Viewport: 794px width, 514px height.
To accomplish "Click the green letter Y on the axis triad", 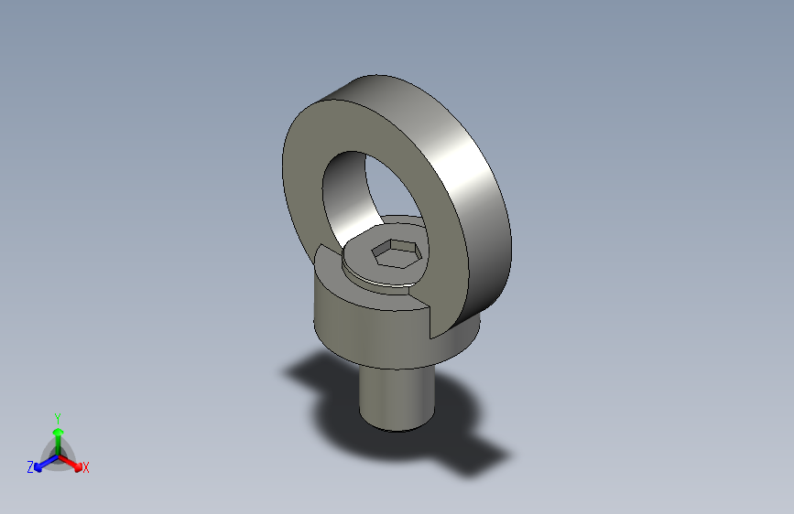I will pos(57,416).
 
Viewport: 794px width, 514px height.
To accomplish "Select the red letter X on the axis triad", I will pos(86,468).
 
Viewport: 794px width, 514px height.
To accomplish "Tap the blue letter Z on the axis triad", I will pos(30,467).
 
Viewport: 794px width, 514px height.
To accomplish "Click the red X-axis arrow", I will pos(73,462).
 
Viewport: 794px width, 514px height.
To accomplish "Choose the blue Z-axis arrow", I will pos(42,463).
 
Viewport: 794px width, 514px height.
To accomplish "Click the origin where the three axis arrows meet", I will pos(57,455).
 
